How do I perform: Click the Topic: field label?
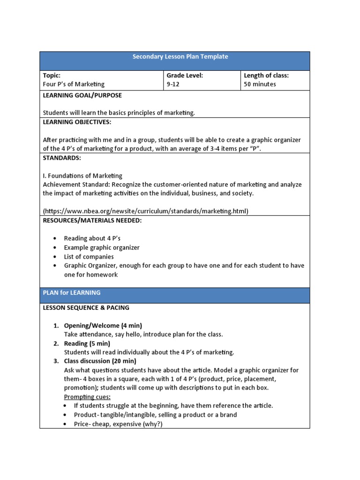52,75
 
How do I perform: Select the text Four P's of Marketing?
74,84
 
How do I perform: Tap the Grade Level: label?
185,75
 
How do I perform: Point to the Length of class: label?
266,75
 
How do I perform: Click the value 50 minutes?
260,84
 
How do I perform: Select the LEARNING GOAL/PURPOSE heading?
82,95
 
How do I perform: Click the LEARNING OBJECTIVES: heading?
77,122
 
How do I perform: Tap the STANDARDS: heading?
62,157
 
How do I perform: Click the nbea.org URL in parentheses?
145,211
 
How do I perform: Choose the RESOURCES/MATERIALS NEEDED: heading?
92,220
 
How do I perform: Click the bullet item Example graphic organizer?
102,247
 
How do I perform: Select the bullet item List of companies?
89,257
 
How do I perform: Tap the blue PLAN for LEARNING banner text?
72,292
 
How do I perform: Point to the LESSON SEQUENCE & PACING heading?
86,308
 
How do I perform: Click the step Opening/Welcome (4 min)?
103,325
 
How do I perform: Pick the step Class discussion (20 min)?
100,361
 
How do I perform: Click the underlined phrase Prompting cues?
84,397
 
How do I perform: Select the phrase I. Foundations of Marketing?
82,176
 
